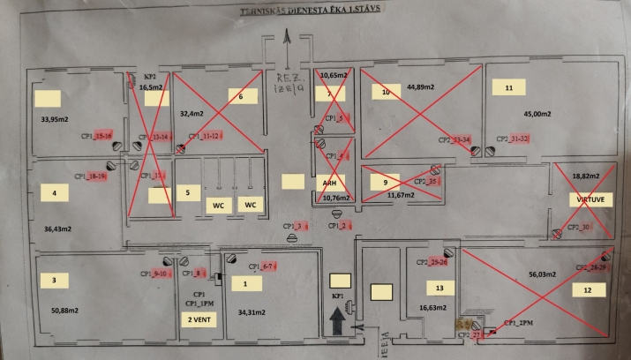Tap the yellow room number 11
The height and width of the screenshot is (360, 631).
508,88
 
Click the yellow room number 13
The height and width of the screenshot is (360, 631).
439,289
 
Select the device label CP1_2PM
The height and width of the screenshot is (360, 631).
522,322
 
